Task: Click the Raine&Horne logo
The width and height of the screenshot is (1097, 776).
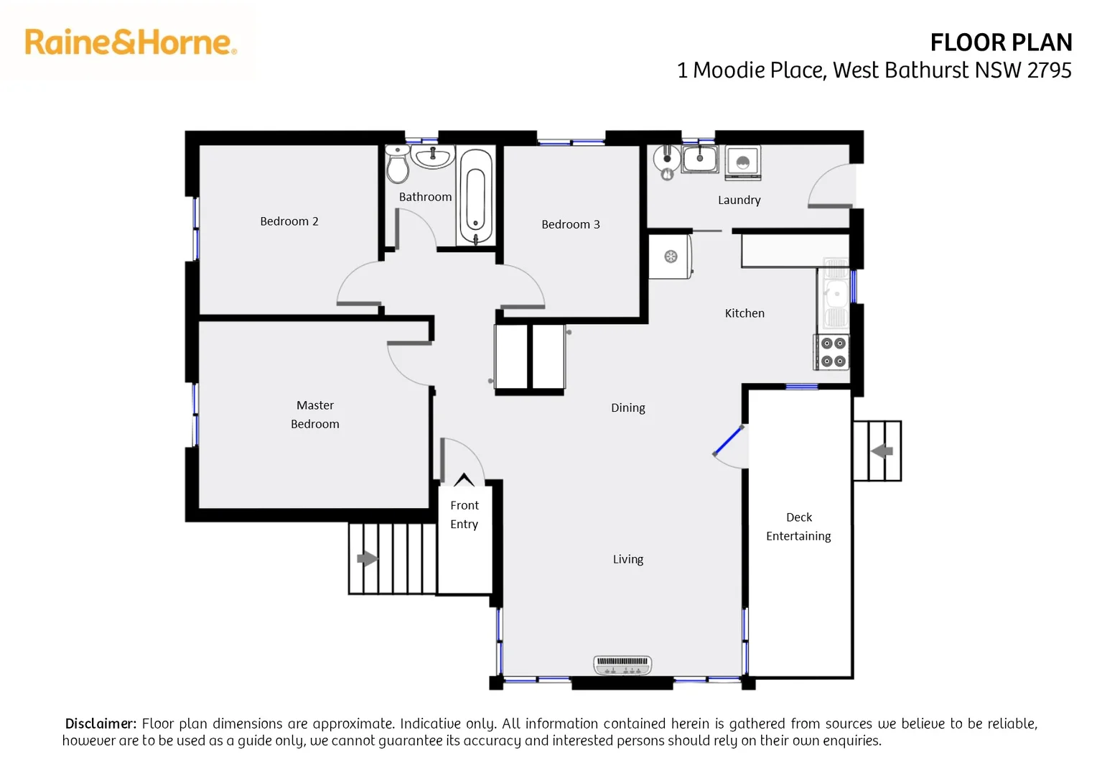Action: point(131,42)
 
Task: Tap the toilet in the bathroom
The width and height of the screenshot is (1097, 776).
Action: point(397,165)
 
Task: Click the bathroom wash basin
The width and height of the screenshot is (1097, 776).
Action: point(433,157)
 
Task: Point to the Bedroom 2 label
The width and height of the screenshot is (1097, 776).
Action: point(289,221)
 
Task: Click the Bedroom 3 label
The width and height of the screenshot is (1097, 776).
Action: point(570,224)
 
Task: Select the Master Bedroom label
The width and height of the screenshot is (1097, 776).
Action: point(314,415)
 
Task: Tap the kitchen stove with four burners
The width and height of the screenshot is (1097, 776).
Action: point(833,352)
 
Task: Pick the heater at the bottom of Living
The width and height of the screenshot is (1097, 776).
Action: point(622,665)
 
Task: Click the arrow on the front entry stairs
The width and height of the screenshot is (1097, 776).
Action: point(367,558)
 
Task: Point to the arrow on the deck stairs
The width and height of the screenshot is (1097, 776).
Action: point(882,451)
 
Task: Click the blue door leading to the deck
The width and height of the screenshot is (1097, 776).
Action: point(728,441)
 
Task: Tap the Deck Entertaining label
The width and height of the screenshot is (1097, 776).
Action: point(798,527)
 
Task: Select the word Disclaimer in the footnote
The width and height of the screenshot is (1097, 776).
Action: point(100,724)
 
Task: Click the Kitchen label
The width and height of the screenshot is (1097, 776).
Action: point(744,313)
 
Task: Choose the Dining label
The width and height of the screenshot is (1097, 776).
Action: point(627,408)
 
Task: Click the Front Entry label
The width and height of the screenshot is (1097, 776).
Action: point(464,514)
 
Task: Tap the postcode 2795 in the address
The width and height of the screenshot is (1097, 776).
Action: point(1049,70)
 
